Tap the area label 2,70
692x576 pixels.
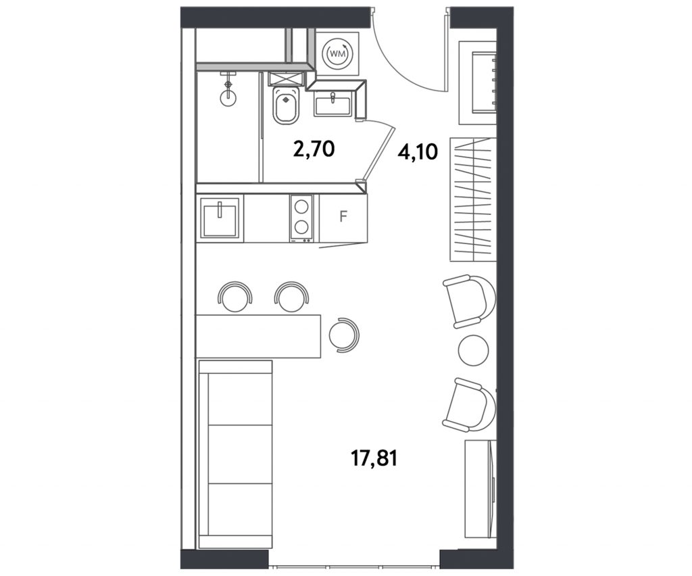(x=314, y=150)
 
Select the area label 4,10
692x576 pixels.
(x=417, y=152)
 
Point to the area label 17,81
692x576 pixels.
(x=374, y=458)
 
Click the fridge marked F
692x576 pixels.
(x=343, y=217)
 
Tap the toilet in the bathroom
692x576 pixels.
(x=286, y=105)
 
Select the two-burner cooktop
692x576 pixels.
(x=301, y=218)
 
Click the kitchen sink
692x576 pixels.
(x=220, y=218)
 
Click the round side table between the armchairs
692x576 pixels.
(x=474, y=350)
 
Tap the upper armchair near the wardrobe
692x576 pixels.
(x=469, y=301)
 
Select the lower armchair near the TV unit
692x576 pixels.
(x=469, y=404)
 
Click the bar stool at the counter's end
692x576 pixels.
(x=345, y=334)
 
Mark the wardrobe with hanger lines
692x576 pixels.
(x=471, y=199)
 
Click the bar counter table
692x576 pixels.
(x=259, y=336)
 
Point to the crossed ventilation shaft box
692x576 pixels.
(x=286, y=78)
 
